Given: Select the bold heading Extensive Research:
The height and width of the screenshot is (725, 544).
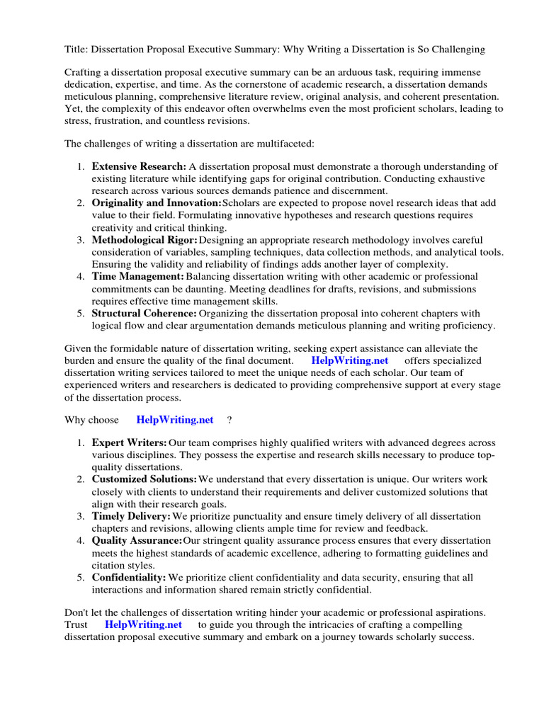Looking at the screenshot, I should click(x=139, y=166).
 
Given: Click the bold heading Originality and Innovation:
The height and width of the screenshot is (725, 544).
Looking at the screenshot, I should click(x=157, y=203).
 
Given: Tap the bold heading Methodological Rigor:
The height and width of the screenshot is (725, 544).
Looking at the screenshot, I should click(x=145, y=240).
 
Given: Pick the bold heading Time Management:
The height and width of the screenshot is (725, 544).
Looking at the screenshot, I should click(x=137, y=276).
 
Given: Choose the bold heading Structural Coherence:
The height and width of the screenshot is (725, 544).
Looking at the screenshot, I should click(x=144, y=313).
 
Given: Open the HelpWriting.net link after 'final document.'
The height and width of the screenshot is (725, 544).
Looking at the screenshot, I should click(x=349, y=360).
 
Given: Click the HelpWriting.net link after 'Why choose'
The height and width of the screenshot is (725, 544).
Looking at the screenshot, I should click(x=174, y=420).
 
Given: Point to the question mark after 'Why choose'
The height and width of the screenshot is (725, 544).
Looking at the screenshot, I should click(x=229, y=420).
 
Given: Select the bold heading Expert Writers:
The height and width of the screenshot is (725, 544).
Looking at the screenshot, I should click(x=130, y=443).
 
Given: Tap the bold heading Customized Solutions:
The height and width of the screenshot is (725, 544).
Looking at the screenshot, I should click(x=144, y=479).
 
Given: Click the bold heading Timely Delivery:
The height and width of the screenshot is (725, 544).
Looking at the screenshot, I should click(x=131, y=516).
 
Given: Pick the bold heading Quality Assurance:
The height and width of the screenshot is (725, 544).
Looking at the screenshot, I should click(x=137, y=541).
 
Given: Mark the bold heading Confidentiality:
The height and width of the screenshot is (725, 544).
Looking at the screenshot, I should click(x=129, y=578).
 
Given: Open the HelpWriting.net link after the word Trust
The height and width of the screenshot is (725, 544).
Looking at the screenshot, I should click(x=143, y=625).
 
